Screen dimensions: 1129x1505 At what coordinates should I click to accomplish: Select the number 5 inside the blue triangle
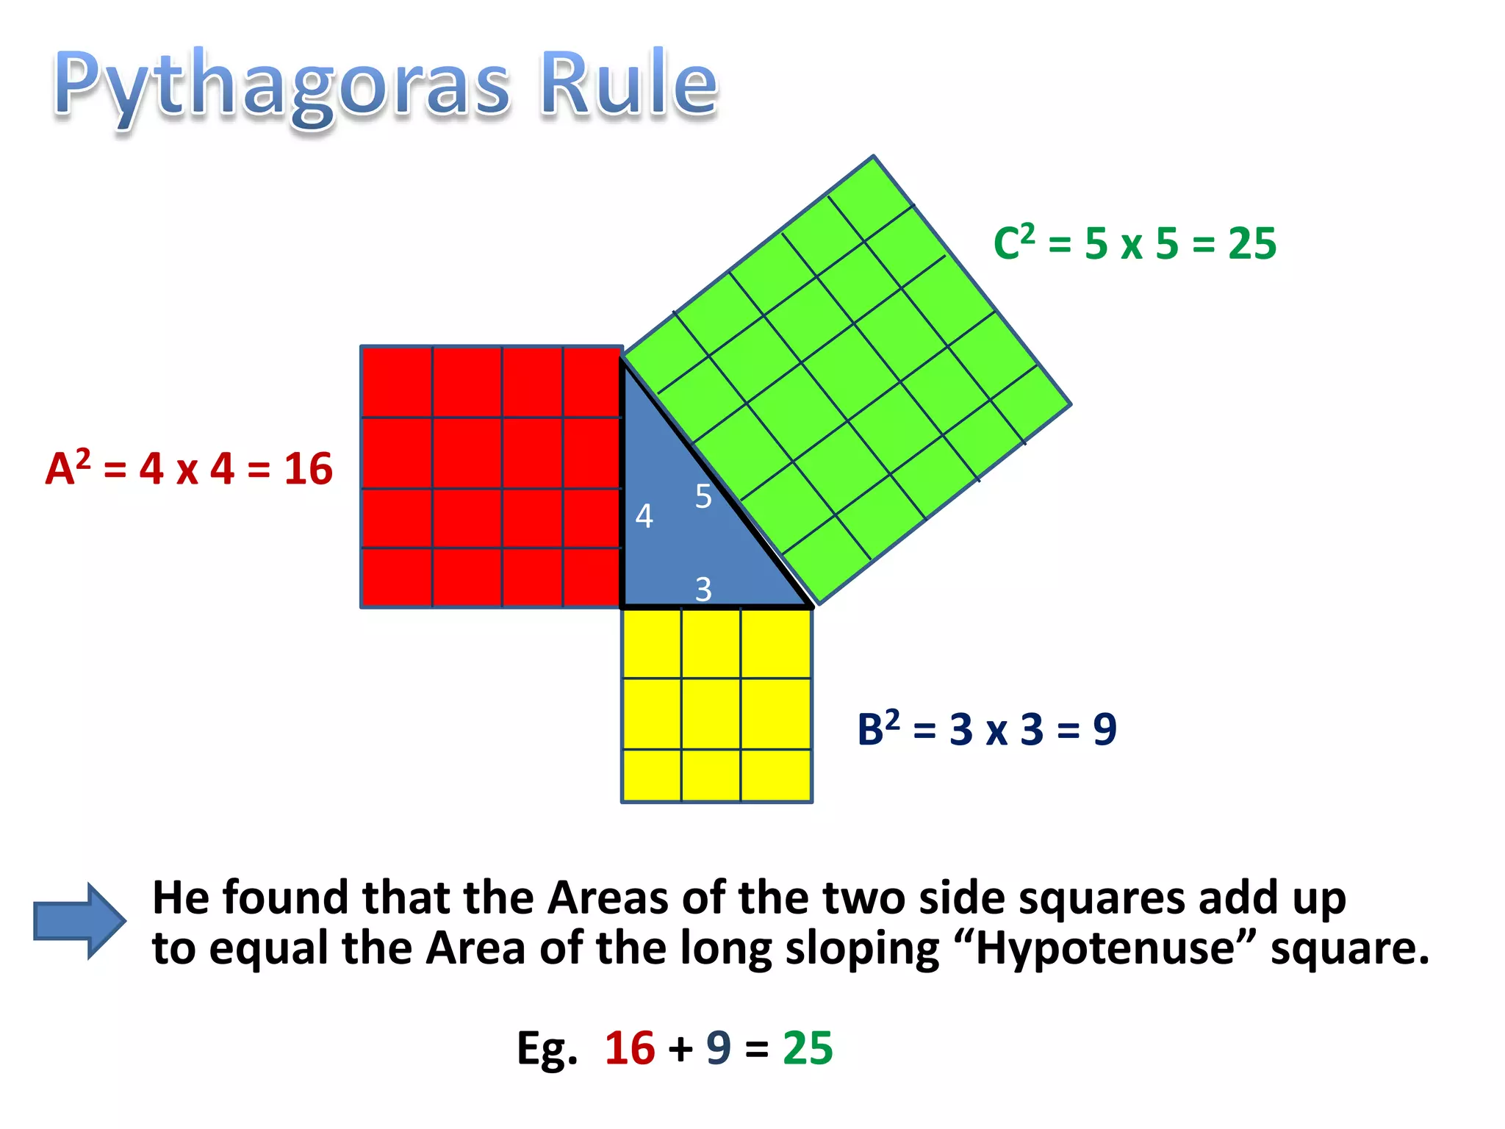(703, 497)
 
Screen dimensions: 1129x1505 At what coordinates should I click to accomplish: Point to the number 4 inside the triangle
(644, 516)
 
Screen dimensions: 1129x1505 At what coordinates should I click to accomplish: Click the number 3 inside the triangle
(703, 589)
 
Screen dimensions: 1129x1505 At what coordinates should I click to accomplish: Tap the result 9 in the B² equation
(1104, 729)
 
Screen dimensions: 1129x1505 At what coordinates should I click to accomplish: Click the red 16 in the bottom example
(630, 1047)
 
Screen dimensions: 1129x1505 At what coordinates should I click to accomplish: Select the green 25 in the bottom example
(808, 1047)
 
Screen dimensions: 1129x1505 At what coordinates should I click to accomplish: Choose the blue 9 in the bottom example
(719, 1047)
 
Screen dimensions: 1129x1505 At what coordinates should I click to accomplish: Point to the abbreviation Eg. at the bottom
(547, 1049)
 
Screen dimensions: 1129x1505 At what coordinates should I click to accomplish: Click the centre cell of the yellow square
(711, 714)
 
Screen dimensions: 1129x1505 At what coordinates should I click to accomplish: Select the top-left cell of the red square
(397, 382)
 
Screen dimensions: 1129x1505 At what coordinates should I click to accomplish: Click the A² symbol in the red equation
(68, 467)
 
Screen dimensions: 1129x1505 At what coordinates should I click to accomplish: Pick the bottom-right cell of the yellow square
(775, 775)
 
